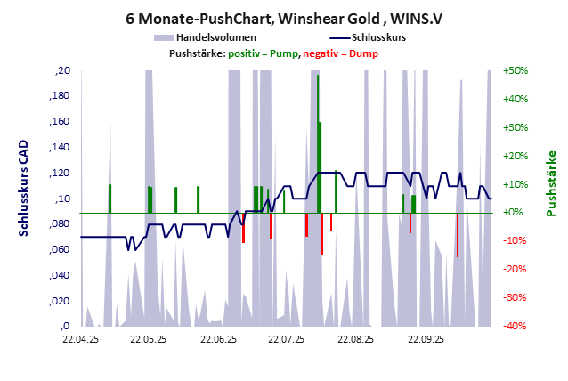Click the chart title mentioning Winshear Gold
tap(283, 17)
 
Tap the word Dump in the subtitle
tap(363, 53)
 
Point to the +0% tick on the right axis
tap(515, 213)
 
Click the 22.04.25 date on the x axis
tap(80, 340)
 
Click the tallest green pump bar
tap(318, 142)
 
